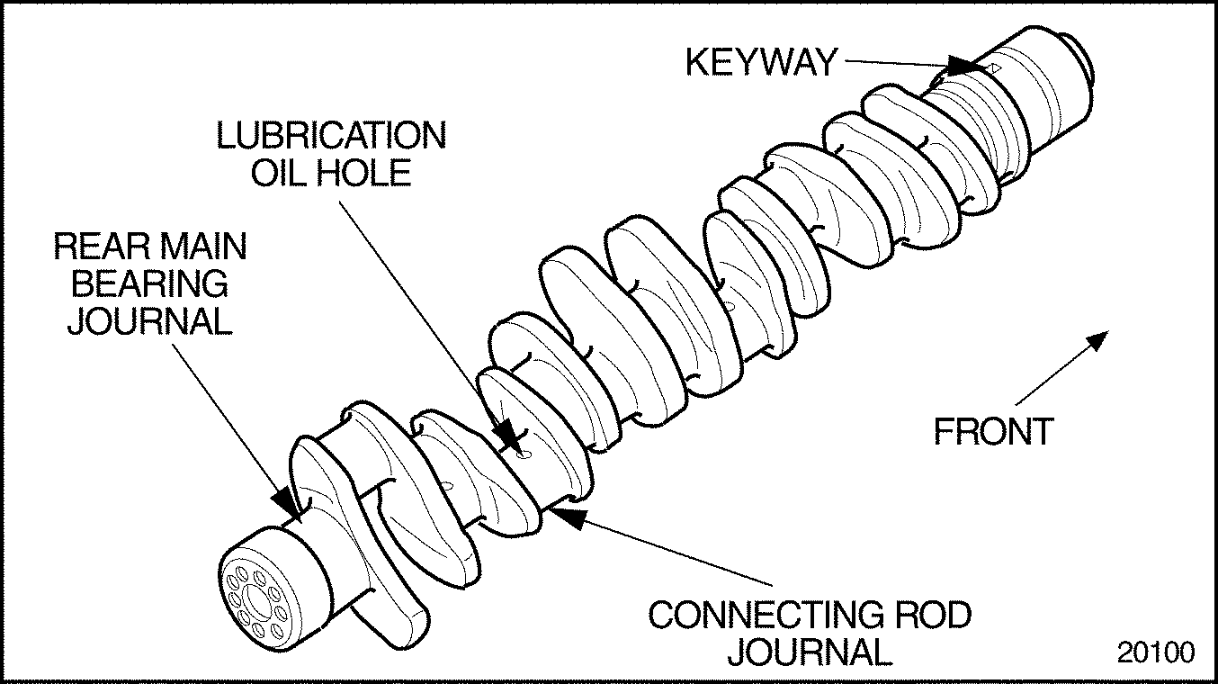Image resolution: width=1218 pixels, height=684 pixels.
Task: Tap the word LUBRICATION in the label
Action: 330,136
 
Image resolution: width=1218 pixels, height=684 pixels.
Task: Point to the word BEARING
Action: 150,283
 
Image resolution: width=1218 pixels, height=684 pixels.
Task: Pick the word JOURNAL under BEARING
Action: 150,320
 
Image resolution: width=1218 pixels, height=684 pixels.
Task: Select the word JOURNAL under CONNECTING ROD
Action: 810,651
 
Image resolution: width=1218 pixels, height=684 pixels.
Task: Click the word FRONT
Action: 992,432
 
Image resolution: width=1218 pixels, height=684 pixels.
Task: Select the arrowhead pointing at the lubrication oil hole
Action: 510,436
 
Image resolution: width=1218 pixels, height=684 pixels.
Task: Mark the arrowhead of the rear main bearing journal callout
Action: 286,496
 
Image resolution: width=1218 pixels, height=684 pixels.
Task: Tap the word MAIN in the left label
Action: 202,247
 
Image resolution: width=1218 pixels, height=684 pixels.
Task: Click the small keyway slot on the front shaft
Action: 993,68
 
